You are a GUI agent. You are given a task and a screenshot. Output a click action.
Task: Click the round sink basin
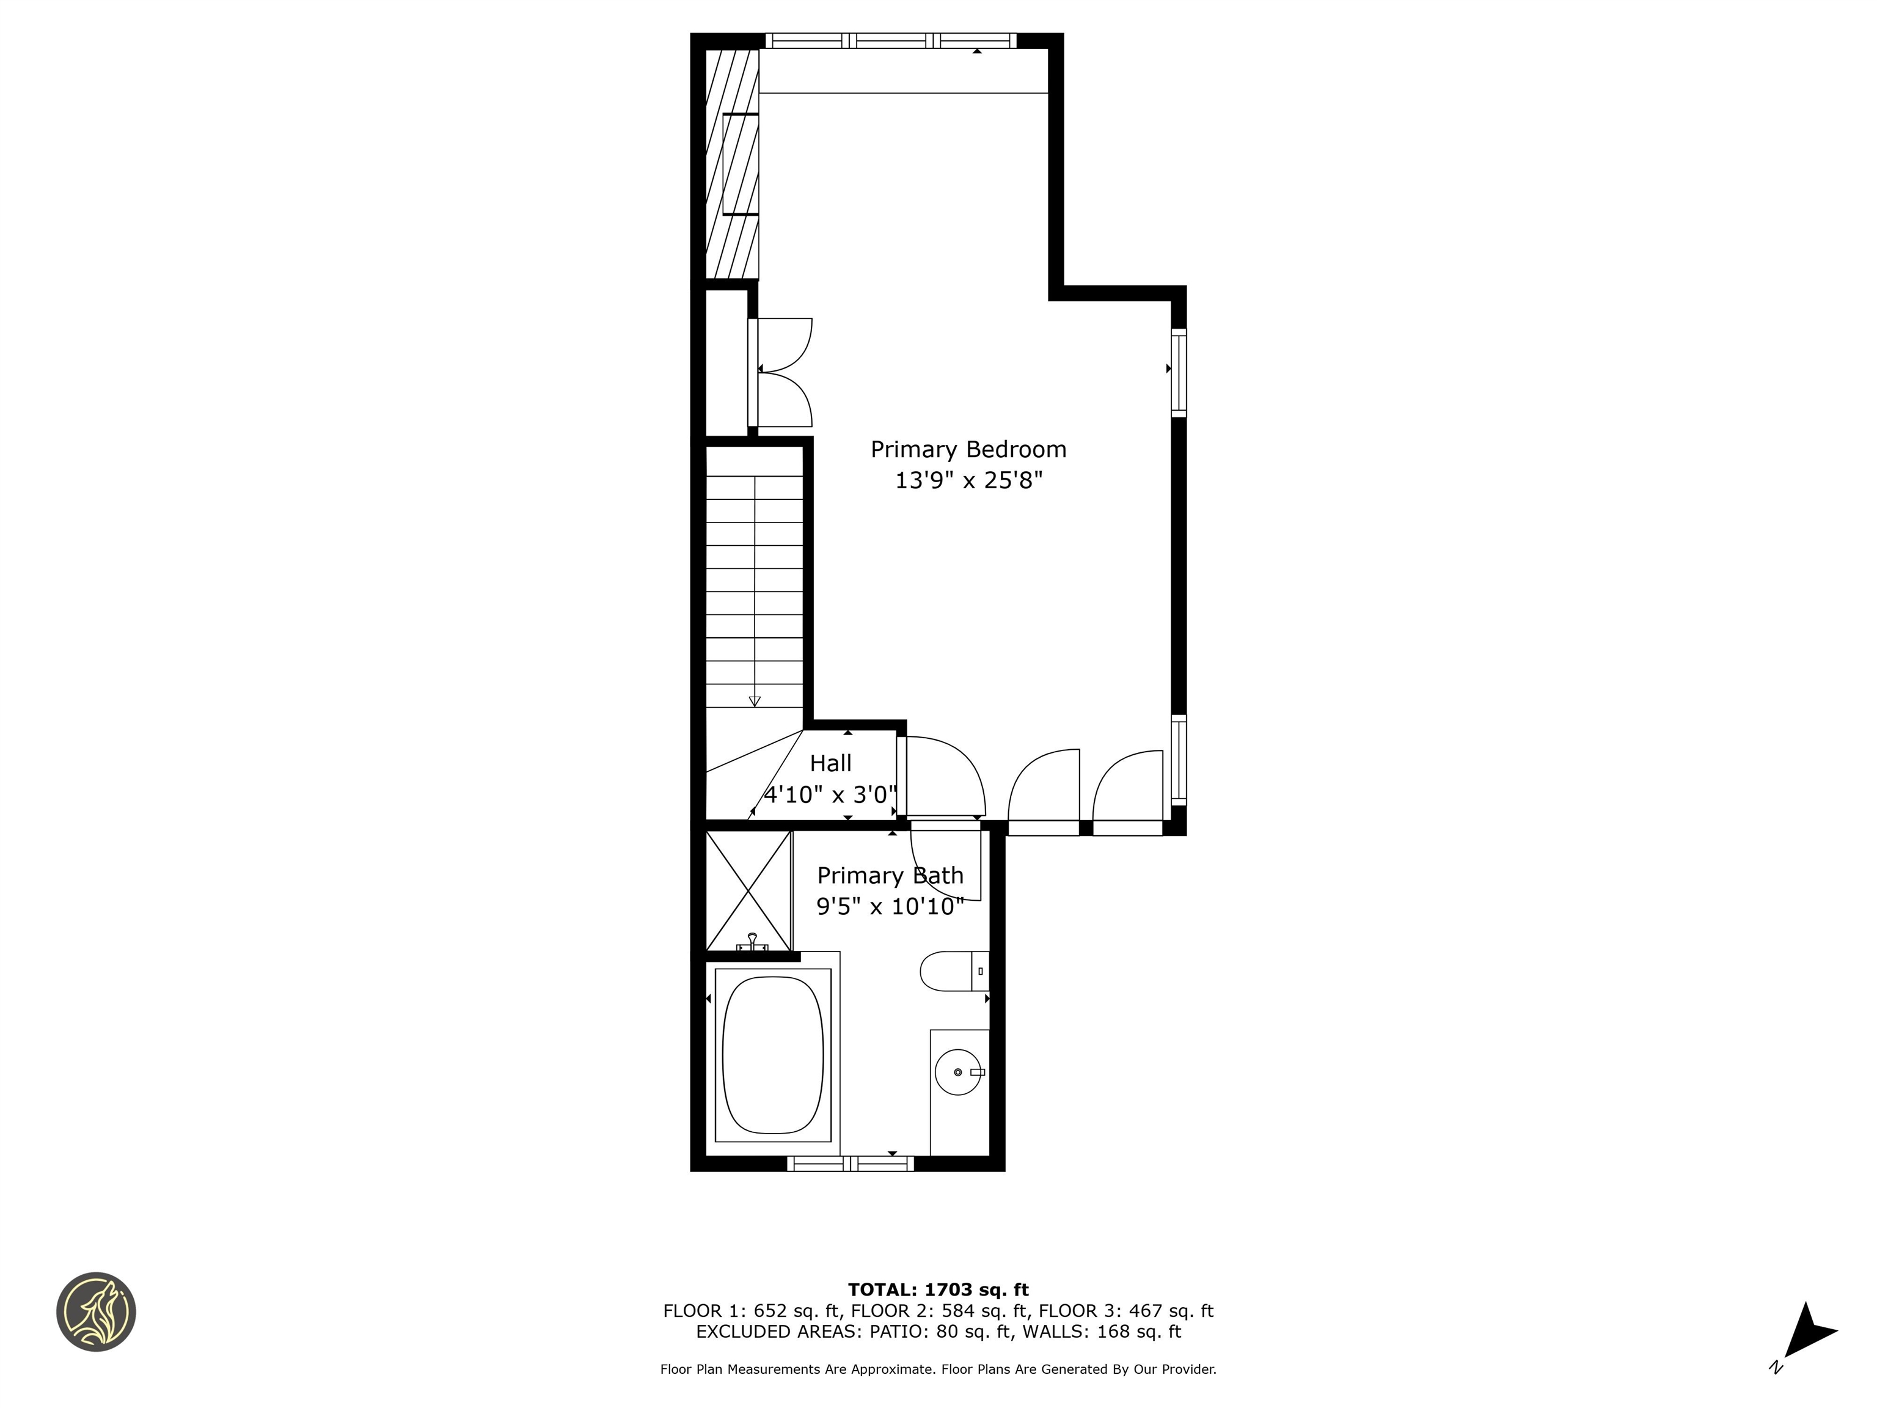pos(957,1072)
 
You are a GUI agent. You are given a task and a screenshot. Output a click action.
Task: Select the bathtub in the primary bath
pos(772,1054)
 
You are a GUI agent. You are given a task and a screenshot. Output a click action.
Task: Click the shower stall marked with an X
pos(748,890)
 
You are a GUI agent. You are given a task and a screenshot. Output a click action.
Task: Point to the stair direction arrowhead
pos(755,701)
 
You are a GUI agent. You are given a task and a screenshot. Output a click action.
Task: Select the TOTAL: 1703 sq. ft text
pos(938,1290)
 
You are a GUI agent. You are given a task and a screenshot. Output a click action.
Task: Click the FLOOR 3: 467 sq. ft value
pos(1125,1310)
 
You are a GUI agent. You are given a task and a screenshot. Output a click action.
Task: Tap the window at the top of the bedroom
pos(890,40)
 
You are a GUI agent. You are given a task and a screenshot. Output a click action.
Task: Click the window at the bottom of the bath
pos(851,1164)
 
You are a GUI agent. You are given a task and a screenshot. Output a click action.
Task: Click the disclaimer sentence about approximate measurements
pos(938,1369)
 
